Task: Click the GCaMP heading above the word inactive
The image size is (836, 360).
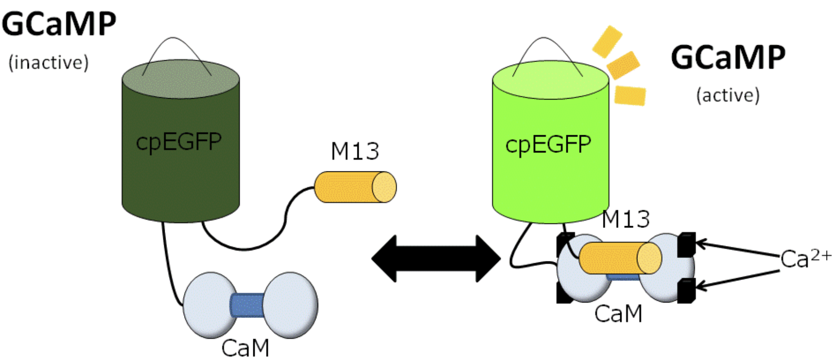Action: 59,24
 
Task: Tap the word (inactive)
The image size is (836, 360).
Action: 48,63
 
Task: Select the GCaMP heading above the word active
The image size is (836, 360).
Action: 727,58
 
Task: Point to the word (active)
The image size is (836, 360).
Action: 727,95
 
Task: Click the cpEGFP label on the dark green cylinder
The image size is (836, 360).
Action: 179,142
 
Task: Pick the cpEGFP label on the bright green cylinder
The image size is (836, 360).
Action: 548,145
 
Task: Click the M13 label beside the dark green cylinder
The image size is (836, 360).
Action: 355,152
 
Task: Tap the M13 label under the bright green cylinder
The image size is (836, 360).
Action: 626,219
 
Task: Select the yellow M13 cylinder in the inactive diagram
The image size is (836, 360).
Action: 355,186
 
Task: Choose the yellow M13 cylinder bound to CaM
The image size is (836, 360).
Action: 620,258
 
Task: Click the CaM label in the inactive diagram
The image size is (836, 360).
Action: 245,348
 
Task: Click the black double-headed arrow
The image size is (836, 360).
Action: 436,259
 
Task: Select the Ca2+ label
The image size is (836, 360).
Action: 806,259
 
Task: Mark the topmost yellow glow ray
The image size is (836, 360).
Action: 607,41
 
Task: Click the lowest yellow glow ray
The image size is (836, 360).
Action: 630,95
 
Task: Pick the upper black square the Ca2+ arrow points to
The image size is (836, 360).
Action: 686,245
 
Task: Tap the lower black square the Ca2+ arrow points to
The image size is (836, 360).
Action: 686,290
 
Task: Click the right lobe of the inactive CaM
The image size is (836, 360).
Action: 290,305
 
